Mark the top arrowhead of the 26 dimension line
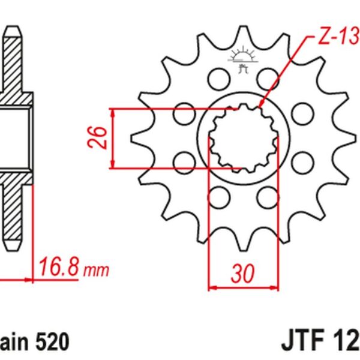tap(113, 112)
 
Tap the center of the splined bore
tap(243, 137)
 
